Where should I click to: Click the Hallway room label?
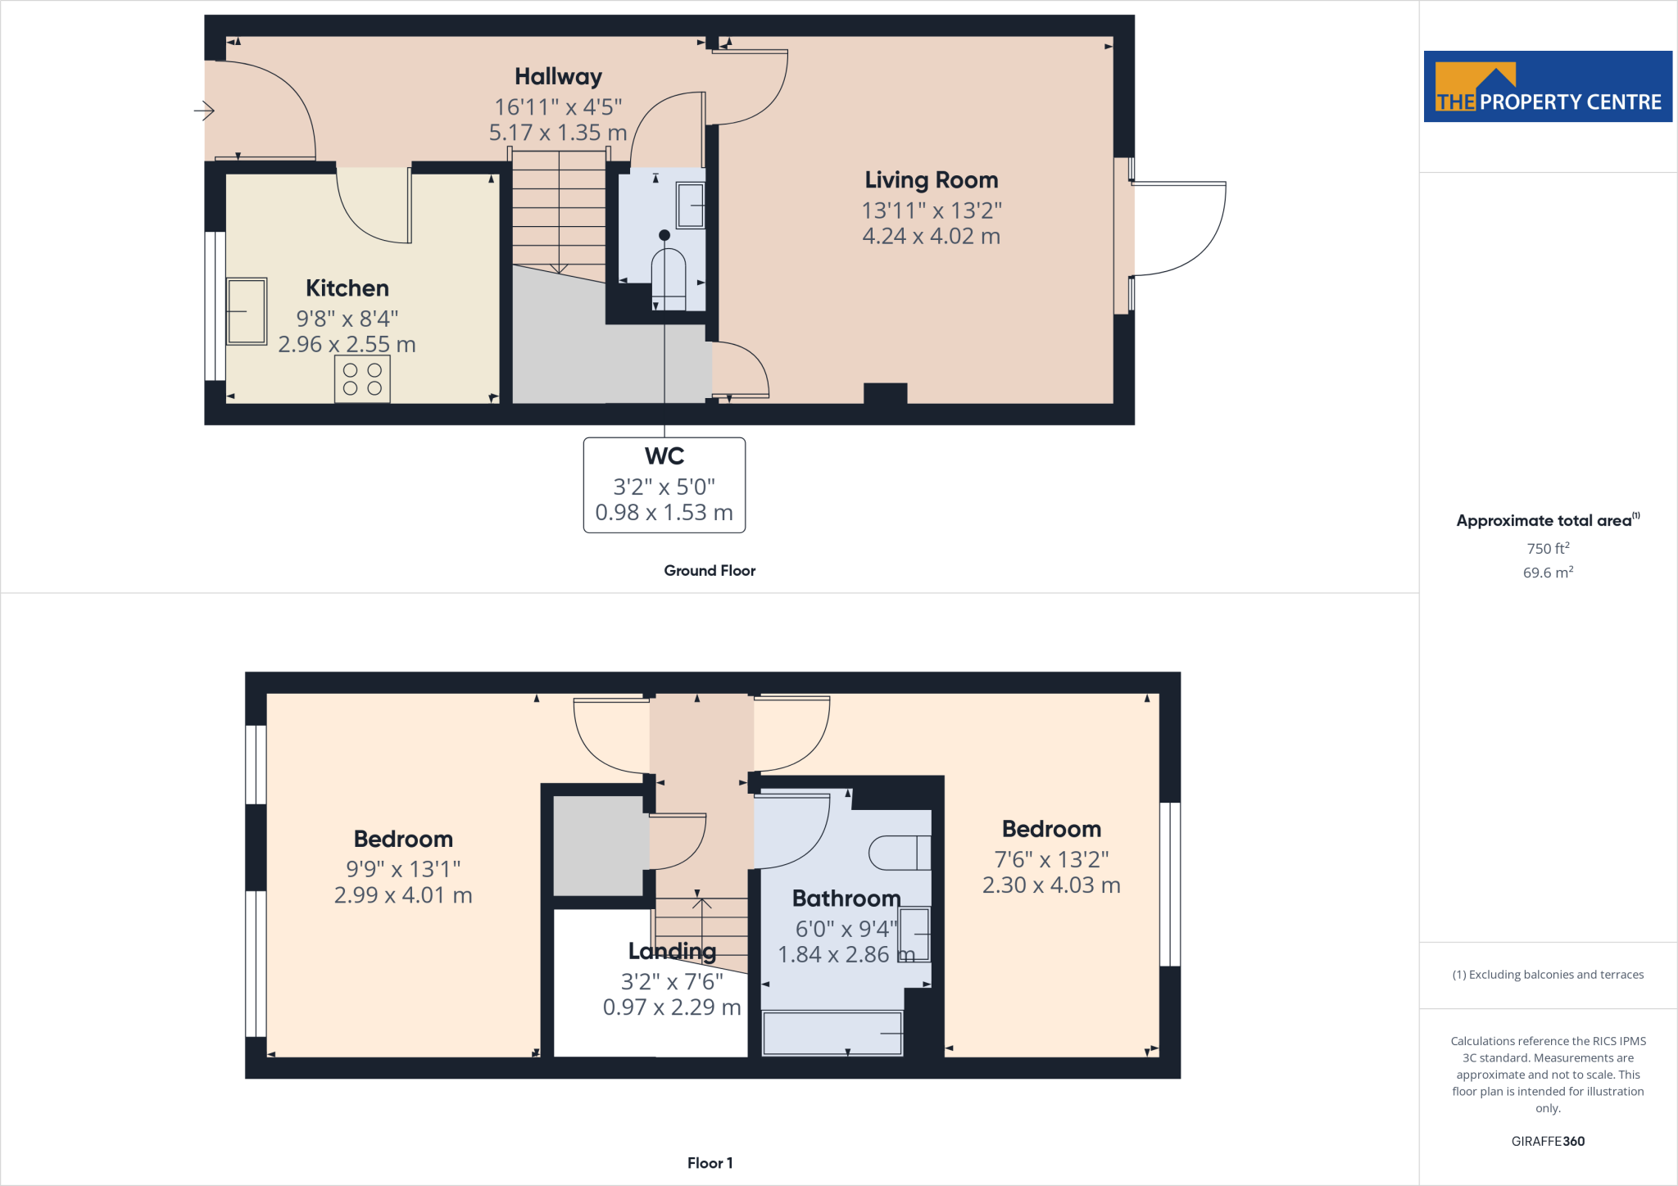pos(558,77)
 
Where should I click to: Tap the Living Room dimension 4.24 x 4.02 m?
pos(931,237)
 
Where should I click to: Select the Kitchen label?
pos(347,288)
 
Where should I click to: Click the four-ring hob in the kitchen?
pos(362,379)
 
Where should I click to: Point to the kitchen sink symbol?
pos(247,311)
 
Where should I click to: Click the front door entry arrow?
pos(204,110)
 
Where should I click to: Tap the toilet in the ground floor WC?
pos(668,275)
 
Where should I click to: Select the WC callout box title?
pos(664,456)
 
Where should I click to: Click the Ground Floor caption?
pos(710,571)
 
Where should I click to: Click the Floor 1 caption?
pos(710,1163)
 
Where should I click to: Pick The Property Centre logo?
pos(1547,87)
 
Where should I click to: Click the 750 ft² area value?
pos(1547,548)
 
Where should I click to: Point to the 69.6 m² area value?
pos(1547,573)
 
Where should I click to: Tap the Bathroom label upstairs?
pos(846,899)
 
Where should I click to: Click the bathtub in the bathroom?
pos(832,1033)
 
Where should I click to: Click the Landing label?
pos(672,951)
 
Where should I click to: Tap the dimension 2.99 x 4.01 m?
pos(403,895)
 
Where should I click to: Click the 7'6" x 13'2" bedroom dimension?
pos(1051,859)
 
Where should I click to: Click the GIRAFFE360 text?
pos(1547,1141)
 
